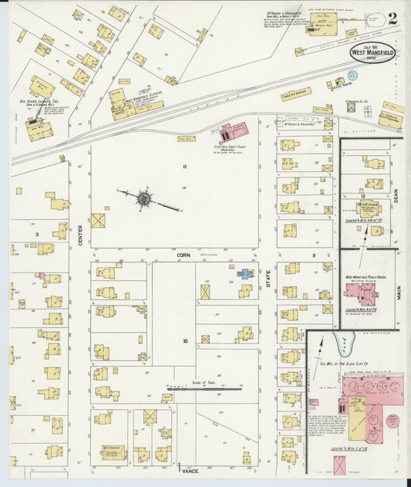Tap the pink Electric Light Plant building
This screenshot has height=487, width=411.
[x=234, y=130]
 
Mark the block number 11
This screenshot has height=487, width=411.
[x=185, y=167]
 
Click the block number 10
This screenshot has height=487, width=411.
[x=185, y=340]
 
